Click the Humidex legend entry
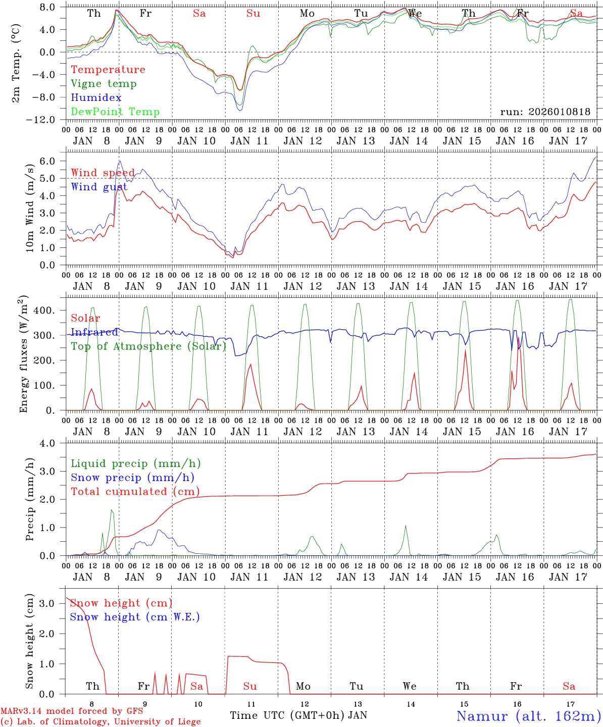[x=96, y=98]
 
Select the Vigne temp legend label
[x=104, y=84]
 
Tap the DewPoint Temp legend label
[x=115, y=112]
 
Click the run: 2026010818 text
[x=545, y=112]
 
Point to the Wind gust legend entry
[x=99, y=187]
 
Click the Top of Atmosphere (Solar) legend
[x=148, y=346]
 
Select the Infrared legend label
[x=94, y=332]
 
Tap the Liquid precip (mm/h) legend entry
[x=135, y=463]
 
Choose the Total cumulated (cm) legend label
[x=135, y=492]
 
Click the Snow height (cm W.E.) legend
[x=135, y=617]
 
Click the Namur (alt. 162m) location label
[x=528, y=716]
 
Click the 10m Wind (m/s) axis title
[x=30, y=207]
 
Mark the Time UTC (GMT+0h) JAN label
[x=298, y=715]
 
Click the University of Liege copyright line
[x=100, y=722]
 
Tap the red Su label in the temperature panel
[x=253, y=14]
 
